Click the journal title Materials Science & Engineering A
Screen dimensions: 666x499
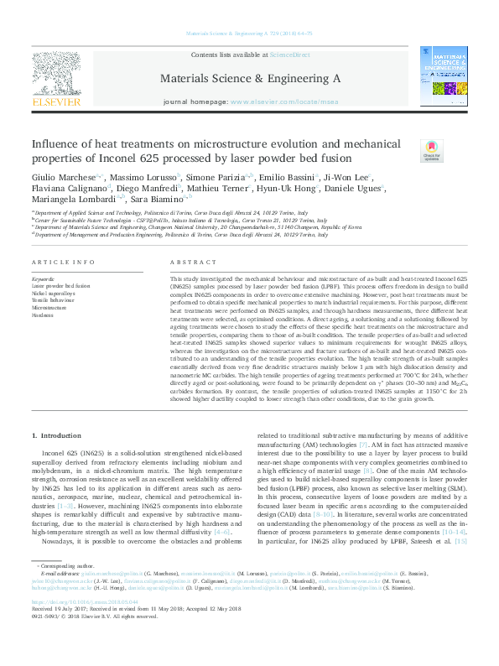(x=249, y=77)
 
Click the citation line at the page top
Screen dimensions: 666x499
(x=248, y=34)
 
